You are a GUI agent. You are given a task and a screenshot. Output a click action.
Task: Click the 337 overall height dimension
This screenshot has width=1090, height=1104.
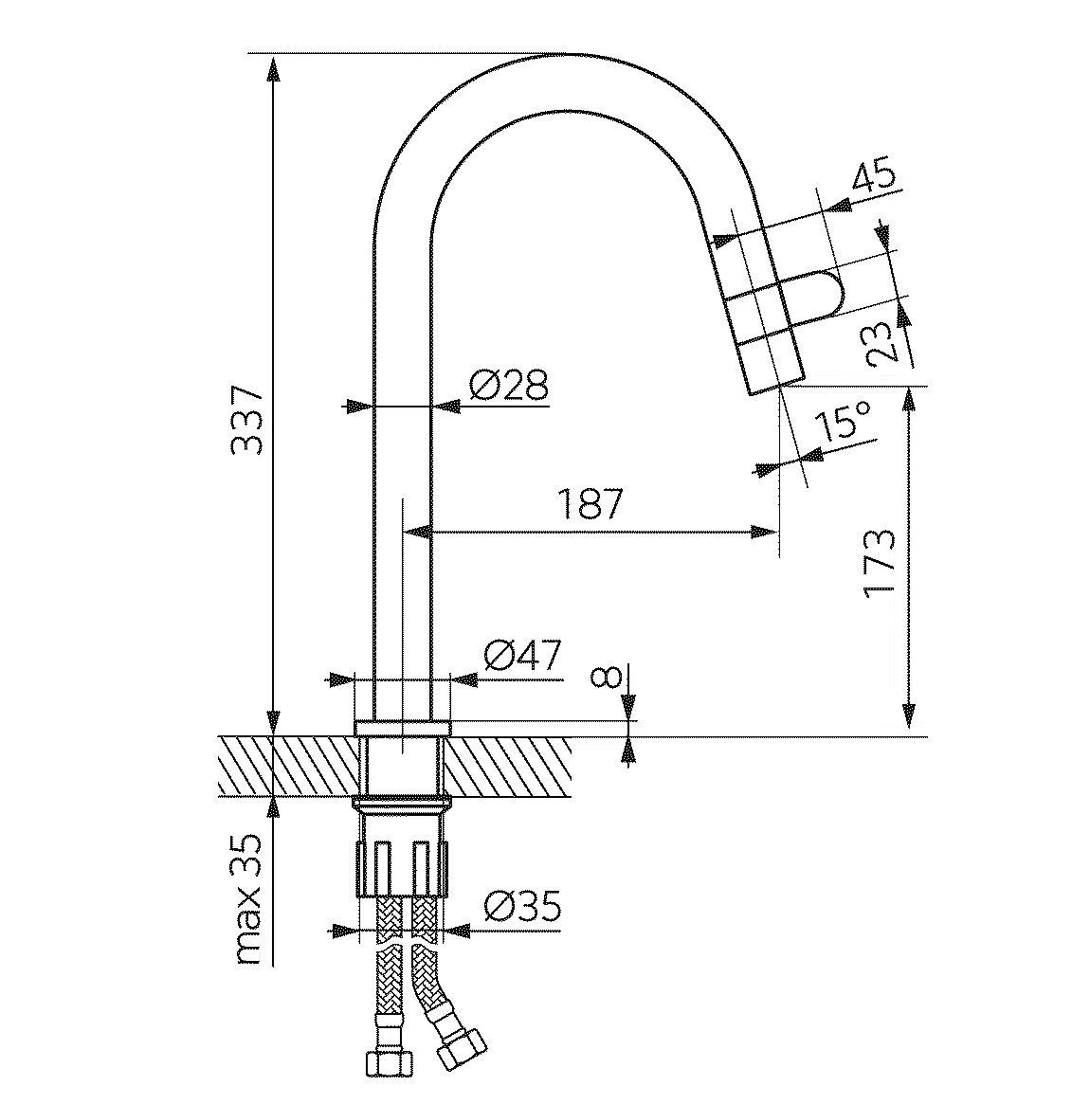(x=247, y=420)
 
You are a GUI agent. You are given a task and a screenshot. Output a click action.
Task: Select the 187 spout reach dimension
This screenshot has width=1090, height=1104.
(x=590, y=502)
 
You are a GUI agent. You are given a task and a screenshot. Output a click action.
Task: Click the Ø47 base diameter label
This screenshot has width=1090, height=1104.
(x=521, y=656)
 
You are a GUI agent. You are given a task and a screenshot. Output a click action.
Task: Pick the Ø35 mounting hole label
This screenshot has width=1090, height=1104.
(x=522, y=908)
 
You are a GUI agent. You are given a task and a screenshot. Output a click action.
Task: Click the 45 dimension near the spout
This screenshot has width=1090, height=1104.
(x=874, y=176)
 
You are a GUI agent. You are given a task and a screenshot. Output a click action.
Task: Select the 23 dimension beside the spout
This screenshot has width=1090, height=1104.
(x=883, y=342)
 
